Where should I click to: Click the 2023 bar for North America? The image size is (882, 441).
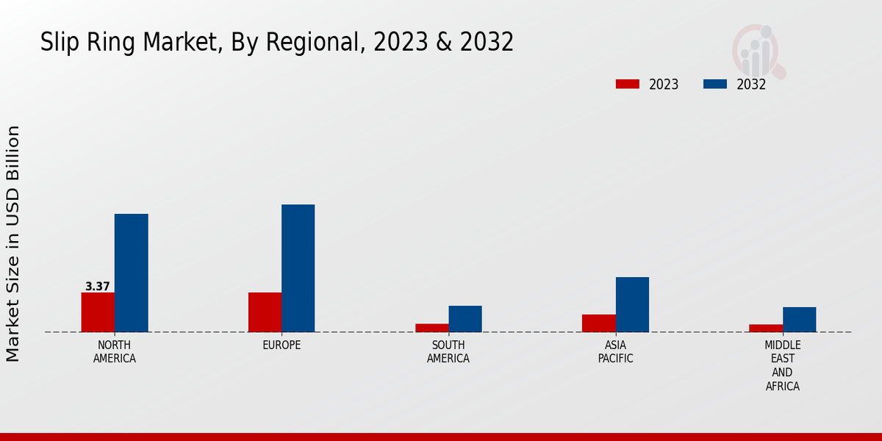(x=98, y=312)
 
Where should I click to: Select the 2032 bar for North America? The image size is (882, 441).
(x=132, y=273)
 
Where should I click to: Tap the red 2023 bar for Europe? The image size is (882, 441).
(x=265, y=312)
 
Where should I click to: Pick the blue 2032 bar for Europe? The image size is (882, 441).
(x=298, y=268)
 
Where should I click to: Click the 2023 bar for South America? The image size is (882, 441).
(x=432, y=328)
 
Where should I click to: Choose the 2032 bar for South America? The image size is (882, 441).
(x=465, y=319)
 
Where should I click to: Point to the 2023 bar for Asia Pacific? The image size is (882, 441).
(x=599, y=323)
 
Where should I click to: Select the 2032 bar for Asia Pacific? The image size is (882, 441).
(x=632, y=304)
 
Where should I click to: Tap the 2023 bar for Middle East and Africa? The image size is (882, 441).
(x=766, y=329)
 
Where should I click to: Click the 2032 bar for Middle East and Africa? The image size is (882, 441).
(x=800, y=320)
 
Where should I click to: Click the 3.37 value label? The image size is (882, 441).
(x=98, y=287)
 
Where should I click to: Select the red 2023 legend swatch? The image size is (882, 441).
(x=628, y=85)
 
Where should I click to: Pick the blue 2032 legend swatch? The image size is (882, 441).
(x=715, y=85)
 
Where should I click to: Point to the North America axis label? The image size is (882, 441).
(x=115, y=352)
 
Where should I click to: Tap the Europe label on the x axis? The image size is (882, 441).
(x=282, y=345)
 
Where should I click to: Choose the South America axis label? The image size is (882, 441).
(x=448, y=352)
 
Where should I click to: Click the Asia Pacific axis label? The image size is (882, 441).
(x=616, y=352)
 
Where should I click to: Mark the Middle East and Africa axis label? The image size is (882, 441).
(x=783, y=366)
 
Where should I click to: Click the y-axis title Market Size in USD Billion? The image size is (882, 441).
(x=13, y=243)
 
